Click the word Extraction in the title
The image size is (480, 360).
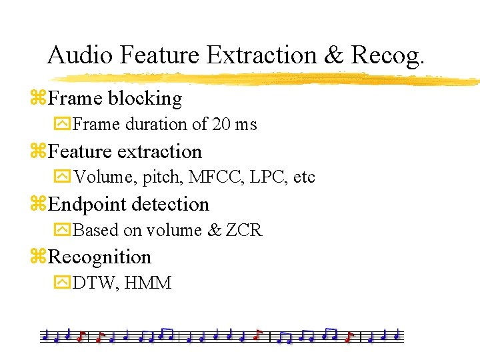click(265, 55)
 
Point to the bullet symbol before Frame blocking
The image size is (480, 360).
click(38, 99)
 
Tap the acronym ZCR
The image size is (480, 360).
click(244, 231)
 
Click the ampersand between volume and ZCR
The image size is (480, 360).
click(214, 231)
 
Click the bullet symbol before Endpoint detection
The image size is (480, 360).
click(38, 205)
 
